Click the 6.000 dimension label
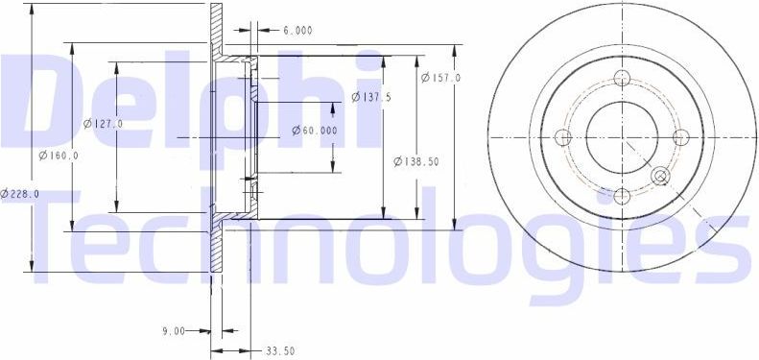(296, 30)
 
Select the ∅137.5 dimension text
(371, 97)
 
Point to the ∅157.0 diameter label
(440, 77)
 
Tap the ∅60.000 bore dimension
(315, 131)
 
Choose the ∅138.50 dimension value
(416, 161)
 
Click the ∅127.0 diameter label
(103, 123)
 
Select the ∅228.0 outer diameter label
(20, 193)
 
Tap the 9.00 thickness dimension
(173, 331)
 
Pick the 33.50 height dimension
(278, 350)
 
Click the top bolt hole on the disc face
(621, 79)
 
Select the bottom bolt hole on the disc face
(621, 196)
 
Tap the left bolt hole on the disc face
(562, 137)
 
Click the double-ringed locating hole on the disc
(660, 176)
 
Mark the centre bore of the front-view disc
(621, 137)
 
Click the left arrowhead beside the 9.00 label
(204, 331)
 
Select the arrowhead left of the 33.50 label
(244, 350)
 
